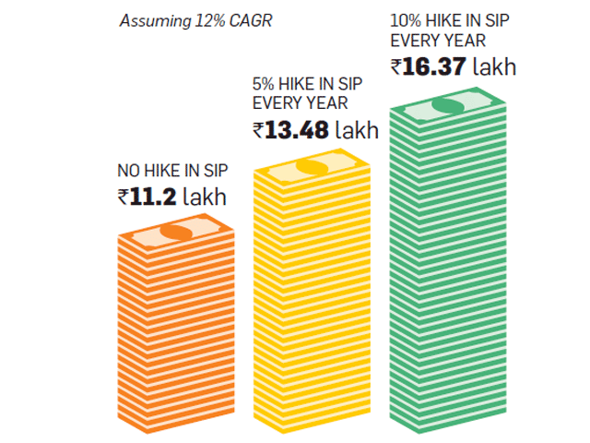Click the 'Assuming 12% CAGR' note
[x=195, y=21]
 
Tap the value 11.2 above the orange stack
[x=153, y=197]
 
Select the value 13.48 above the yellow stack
[x=297, y=130]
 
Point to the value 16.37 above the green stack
[x=434, y=66]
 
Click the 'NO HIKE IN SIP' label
[x=172, y=171]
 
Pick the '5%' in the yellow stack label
[x=263, y=84]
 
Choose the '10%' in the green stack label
[x=406, y=20]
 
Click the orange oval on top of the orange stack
[x=176, y=233]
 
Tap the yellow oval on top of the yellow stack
[x=312, y=168]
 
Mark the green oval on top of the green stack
[x=448, y=106]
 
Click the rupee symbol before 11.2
[x=124, y=198]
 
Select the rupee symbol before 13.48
[x=258, y=131]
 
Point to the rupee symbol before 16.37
[x=396, y=67]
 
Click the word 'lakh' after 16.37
[x=494, y=66]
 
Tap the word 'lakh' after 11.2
[x=205, y=197]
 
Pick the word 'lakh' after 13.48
[x=357, y=130]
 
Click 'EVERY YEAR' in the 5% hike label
[x=301, y=103]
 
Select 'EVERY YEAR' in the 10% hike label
[x=438, y=41]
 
